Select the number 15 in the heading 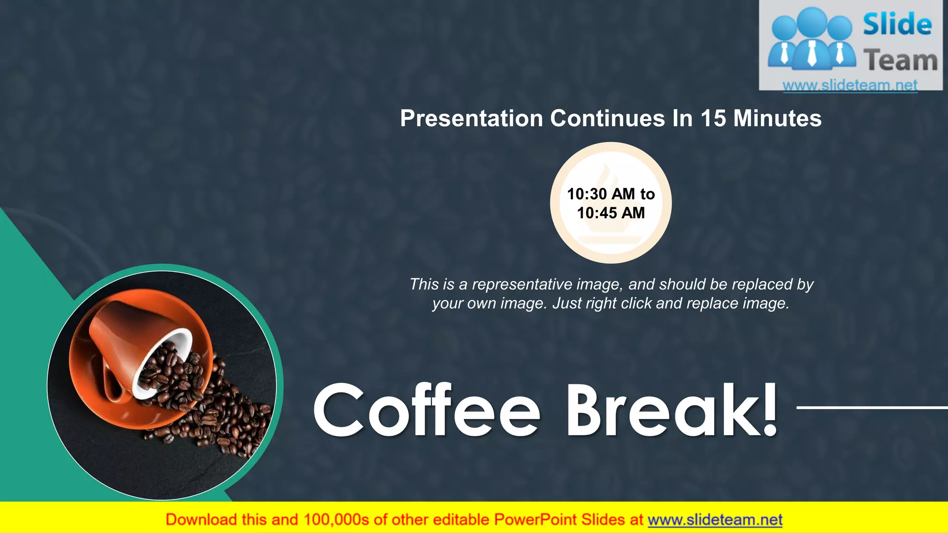[713, 118]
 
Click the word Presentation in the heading [471, 118]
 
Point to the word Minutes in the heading [777, 118]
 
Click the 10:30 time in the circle [586, 194]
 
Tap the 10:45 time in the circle [597, 213]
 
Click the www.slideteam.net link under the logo [850, 85]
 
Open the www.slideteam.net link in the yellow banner [715, 520]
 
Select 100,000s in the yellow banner [336, 520]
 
